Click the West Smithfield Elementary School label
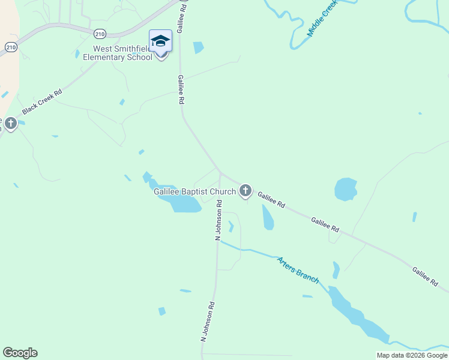pyautogui.click(x=118, y=53)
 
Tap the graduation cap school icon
pyautogui.click(x=160, y=41)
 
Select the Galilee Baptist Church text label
pyautogui.click(x=195, y=191)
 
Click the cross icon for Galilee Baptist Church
pyautogui.click(x=245, y=191)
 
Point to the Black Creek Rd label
pyautogui.click(x=42, y=102)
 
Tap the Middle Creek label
pyautogui.click(x=322, y=18)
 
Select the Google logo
pyautogui.click(x=20, y=353)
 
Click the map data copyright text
pyautogui.click(x=412, y=355)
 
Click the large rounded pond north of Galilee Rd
pyautogui.click(x=346, y=188)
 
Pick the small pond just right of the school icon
pyautogui.click(x=198, y=47)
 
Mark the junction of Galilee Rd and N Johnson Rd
pyautogui.click(x=220, y=173)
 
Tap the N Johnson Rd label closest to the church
pyautogui.click(x=220, y=220)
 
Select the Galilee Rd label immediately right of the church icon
pyautogui.click(x=271, y=199)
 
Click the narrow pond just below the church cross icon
pyautogui.click(x=267, y=217)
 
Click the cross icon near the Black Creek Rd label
pyautogui.click(x=10, y=124)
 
